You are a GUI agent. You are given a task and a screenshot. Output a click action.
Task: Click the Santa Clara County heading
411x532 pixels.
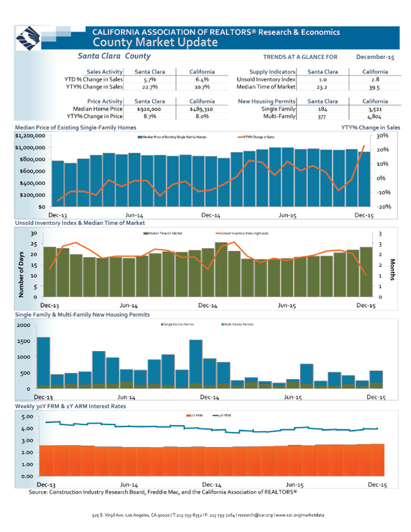[x=114, y=54]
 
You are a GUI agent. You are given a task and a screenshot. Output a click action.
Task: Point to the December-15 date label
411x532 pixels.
[x=375, y=56]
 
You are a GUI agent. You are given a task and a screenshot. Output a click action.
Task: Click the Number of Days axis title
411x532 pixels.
[x=14, y=269]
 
